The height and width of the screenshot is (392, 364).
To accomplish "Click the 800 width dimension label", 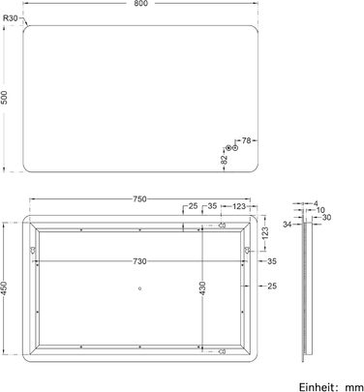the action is [x=141, y=3].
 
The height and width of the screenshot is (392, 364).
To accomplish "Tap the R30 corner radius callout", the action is [x=11, y=18].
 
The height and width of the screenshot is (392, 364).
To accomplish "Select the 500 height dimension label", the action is [x=4, y=97].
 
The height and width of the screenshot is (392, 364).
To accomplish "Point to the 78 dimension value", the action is [x=246, y=140].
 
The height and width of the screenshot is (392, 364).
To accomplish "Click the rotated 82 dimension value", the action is [x=225, y=160].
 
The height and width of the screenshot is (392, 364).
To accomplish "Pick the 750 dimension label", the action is [x=139, y=199].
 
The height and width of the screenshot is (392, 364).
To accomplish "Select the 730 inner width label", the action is [x=139, y=261].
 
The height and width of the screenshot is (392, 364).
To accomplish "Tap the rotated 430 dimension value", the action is [x=202, y=288].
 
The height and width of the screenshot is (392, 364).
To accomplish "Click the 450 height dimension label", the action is [x=4, y=288].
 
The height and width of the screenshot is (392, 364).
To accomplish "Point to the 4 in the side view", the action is [x=316, y=203].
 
